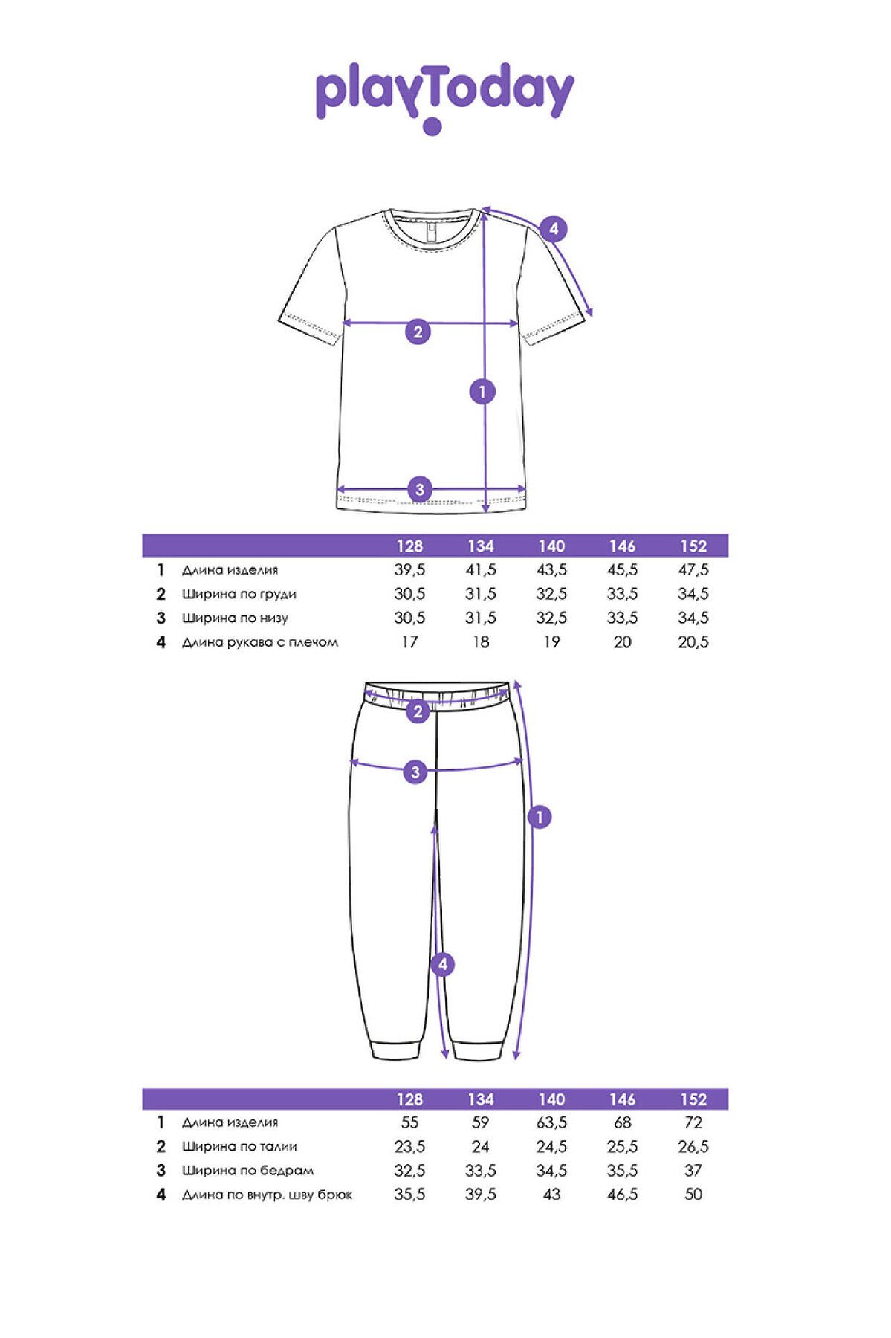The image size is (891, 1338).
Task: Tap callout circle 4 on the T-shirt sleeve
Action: (x=553, y=229)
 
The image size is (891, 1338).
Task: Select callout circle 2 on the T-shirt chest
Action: (x=418, y=332)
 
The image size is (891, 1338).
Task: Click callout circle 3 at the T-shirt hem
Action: (x=420, y=489)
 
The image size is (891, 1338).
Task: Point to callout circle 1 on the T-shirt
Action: (x=483, y=391)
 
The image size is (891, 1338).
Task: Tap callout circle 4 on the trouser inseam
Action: (x=443, y=965)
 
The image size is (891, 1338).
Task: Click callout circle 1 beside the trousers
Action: (x=540, y=817)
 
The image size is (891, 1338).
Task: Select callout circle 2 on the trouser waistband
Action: (x=418, y=711)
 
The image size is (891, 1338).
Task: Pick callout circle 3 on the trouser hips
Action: (x=415, y=772)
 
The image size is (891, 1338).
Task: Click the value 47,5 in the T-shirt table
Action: (x=693, y=570)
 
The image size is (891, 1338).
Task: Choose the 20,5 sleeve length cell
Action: (x=693, y=642)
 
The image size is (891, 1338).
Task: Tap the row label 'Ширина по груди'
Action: (x=239, y=594)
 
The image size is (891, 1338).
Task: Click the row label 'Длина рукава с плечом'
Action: (x=259, y=642)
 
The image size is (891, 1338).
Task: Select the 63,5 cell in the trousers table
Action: (x=551, y=1122)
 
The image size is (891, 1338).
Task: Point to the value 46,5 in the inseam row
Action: (x=622, y=1195)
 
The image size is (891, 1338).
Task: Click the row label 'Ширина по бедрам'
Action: (x=247, y=1171)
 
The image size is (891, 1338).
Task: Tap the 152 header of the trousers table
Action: (x=693, y=1099)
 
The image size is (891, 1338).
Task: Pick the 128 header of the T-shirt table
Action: (x=409, y=546)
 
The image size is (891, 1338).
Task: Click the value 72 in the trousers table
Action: (x=693, y=1122)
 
